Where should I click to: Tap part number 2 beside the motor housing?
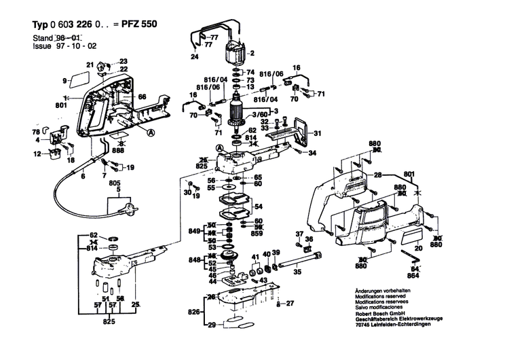point(252,54)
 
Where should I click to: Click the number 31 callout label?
point(317,133)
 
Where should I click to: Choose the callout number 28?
point(378,175)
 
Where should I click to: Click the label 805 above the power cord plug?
point(114,183)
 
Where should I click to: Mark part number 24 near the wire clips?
point(195,58)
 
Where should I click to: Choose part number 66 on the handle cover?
point(143,97)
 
